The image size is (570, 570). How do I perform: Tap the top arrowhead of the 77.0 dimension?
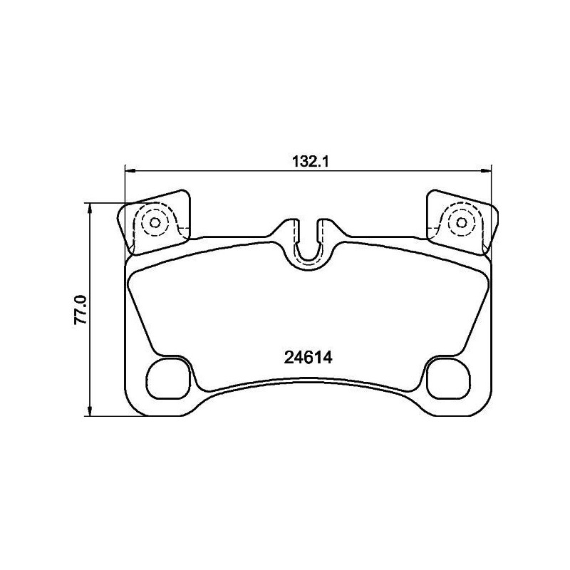[x=89, y=207]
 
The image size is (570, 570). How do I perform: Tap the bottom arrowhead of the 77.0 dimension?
[x=89, y=411]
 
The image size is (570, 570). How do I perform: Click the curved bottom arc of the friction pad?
[x=309, y=380]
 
